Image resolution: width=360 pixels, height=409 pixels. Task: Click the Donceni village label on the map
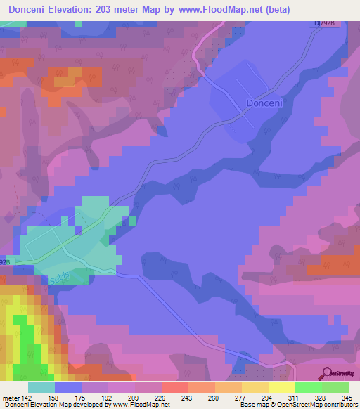click(265, 103)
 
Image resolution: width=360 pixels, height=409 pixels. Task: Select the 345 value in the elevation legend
click(347, 397)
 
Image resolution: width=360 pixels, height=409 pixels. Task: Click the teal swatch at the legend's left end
click(41, 387)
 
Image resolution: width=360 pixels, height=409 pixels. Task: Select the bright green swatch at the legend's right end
click(335, 387)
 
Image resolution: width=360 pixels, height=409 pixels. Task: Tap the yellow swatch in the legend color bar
click(281, 387)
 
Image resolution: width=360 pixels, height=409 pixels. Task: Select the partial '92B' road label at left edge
click(6, 261)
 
